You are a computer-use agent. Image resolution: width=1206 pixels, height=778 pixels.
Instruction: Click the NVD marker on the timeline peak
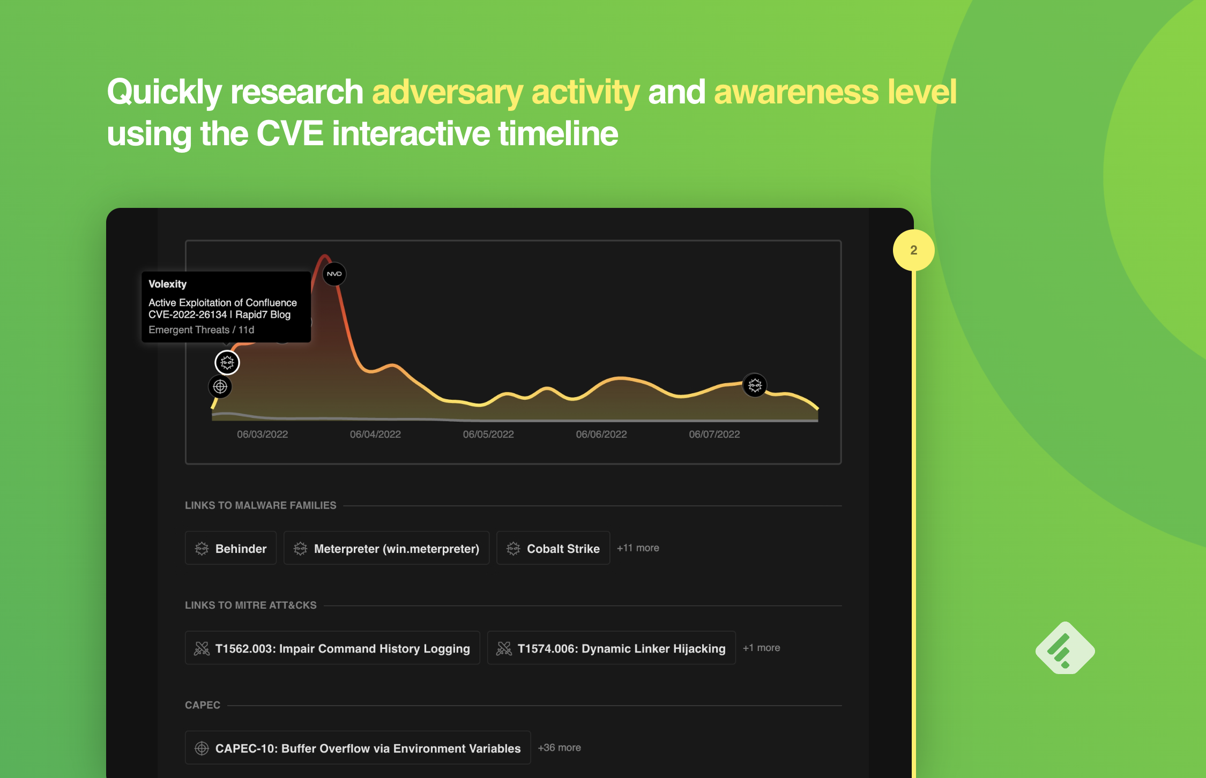pos(334,274)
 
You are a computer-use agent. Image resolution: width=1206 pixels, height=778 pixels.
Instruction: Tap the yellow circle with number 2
pos(914,250)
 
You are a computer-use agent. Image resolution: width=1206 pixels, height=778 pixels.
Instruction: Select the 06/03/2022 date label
pos(263,434)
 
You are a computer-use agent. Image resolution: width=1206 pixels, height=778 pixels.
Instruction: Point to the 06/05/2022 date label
pos(488,434)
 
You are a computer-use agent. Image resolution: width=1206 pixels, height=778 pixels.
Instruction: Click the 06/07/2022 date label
pos(714,434)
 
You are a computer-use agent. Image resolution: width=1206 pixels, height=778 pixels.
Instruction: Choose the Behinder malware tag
pos(230,548)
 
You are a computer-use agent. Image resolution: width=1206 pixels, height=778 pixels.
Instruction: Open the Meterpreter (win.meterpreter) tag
pos(386,548)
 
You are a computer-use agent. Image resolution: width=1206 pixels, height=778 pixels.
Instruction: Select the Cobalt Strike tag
pos(553,548)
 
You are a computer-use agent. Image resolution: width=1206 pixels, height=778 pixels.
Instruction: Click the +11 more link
pos(638,548)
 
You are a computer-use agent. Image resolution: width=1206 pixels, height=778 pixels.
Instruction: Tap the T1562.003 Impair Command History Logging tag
pos(332,648)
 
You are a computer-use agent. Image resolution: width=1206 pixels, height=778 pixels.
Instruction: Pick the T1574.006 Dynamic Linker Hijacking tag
pos(612,648)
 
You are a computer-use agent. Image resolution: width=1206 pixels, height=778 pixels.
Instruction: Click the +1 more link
pos(761,648)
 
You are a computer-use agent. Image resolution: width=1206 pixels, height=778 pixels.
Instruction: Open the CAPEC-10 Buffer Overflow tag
pos(358,747)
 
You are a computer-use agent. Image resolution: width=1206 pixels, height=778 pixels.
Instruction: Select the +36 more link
pos(560,747)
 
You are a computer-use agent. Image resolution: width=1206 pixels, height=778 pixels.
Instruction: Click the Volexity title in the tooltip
pos(168,284)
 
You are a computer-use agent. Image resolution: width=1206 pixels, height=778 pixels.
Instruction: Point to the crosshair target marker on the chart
pos(220,386)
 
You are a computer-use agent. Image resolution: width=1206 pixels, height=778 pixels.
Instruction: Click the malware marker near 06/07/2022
pos(755,385)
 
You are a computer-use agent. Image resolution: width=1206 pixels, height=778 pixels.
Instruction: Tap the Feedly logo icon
pos(1065,648)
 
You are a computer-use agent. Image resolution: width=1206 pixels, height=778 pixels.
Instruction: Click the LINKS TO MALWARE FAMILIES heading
pos(260,505)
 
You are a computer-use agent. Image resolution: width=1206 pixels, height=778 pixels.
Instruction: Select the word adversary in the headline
pos(448,92)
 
